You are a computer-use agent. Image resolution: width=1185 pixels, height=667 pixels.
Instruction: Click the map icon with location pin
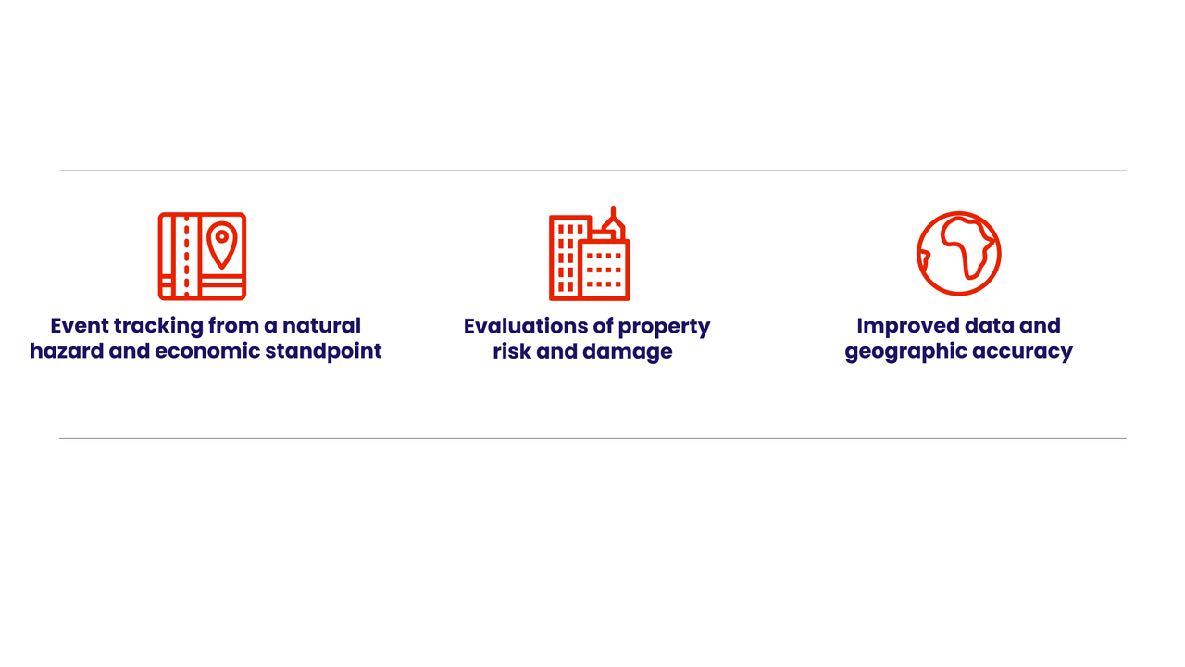click(x=202, y=257)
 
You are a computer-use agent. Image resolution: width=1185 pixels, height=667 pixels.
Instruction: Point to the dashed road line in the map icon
click(x=186, y=257)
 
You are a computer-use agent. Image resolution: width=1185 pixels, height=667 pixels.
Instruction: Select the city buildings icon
click(x=590, y=254)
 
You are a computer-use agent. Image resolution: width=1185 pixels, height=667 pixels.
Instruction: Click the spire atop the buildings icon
click(x=613, y=212)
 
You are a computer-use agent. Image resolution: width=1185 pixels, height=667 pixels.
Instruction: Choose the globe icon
click(x=958, y=254)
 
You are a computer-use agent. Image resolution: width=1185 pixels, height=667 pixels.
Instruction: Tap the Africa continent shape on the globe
click(x=967, y=246)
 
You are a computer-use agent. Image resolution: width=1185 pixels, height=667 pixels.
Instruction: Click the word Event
click(x=79, y=325)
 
